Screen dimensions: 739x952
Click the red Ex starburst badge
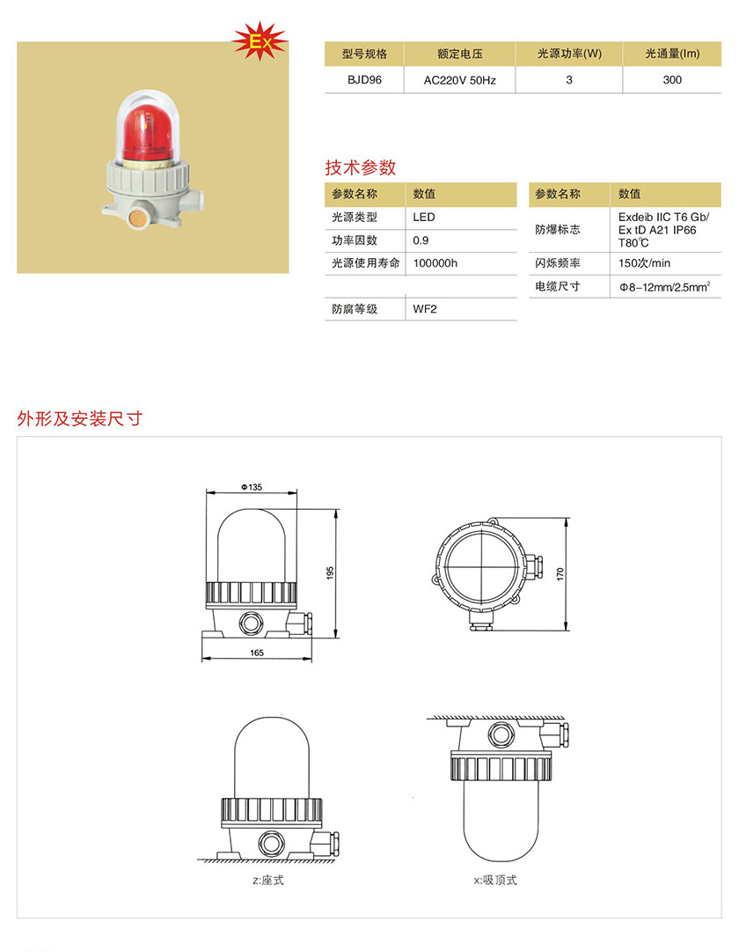point(260,41)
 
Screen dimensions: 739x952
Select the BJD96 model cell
point(364,79)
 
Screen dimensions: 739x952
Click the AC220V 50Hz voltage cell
point(459,80)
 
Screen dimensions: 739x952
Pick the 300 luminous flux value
point(671,79)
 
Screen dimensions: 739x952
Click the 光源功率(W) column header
point(569,54)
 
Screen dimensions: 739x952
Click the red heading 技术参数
point(361,167)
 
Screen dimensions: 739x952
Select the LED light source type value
point(423,217)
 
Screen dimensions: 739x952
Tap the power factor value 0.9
point(421,240)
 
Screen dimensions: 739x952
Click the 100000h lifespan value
point(435,263)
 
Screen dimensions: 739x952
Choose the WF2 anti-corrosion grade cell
point(425,309)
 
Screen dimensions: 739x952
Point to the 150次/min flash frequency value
point(644,263)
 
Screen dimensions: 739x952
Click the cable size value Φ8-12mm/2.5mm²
point(664,286)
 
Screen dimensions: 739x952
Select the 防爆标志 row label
point(557,230)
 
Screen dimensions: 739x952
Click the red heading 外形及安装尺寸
point(79,418)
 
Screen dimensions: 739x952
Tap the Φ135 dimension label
point(252,487)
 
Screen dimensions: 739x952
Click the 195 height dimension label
point(330,573)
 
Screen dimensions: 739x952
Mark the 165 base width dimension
point(257,653)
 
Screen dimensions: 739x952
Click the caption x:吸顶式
point(495,880)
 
